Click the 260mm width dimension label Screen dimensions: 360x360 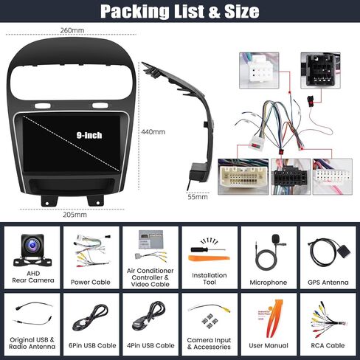[72, 30]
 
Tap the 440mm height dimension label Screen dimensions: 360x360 [153, 132]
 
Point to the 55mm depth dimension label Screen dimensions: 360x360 [198, 197]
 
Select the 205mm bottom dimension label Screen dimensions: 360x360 [75, 215]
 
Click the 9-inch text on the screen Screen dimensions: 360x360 [89, 135]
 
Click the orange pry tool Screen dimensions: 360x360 [209, 258]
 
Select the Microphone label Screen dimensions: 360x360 [269, 283]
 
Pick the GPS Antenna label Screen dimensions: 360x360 [328, 283]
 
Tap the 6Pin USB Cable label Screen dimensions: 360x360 [92, 345]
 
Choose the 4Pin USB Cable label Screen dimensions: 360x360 [150, 345]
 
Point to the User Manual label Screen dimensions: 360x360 [269, 345]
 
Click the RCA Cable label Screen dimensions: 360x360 [328, 345]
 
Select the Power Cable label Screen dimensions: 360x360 [91, 282]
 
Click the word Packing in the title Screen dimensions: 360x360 [134, 11]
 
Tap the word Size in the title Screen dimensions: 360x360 [242, 11]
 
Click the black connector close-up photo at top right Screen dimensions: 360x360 [320, 70]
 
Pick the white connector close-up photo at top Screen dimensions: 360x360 [259, 70]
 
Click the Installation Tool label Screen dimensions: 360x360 [210, 279]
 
